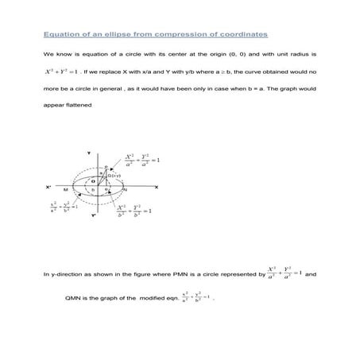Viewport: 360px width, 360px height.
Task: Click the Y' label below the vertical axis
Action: (x=92, y=215)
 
